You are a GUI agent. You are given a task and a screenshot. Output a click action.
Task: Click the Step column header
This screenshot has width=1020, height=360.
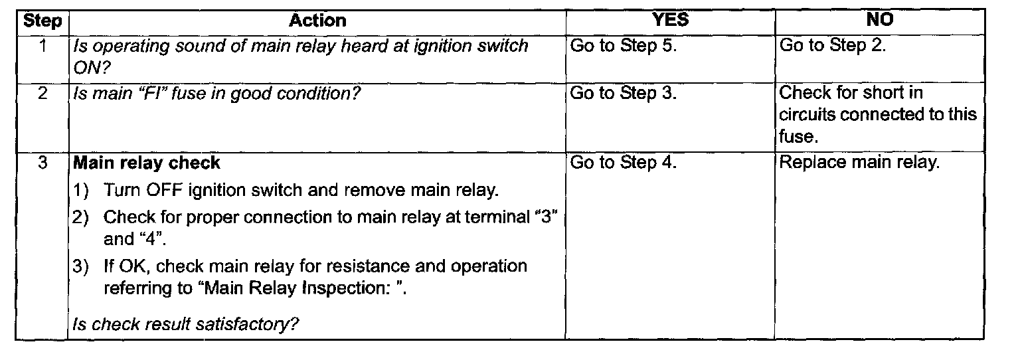coord(42,21)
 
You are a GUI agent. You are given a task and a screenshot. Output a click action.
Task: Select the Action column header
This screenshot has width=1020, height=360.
coord(317,21)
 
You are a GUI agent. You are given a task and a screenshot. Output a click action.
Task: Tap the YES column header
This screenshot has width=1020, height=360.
coord(670,21)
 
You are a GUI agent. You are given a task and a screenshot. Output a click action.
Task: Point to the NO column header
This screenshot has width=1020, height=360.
coord(880,21)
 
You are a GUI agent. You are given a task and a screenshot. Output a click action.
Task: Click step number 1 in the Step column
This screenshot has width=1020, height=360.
coord(41,46)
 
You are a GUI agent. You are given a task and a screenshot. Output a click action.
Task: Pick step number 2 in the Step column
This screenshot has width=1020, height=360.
coord(41,94)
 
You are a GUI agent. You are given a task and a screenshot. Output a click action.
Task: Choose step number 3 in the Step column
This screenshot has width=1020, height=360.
coord(41,163)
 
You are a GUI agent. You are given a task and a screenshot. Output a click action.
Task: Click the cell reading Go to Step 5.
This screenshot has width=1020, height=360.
coord(623,46)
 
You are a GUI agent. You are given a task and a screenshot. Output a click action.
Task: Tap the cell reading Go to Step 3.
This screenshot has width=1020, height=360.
coord(623,94)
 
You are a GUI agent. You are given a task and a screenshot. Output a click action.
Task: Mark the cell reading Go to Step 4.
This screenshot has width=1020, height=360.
coord(623,163)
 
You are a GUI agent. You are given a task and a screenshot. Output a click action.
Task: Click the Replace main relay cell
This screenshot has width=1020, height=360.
coord(859,163)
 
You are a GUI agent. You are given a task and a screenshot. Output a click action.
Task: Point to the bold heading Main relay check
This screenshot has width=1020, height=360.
coord(147,163)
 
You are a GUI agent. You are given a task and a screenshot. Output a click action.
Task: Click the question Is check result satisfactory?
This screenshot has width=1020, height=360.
coord(185,325)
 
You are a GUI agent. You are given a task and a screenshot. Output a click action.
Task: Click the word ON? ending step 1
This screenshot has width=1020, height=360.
coord(90,66)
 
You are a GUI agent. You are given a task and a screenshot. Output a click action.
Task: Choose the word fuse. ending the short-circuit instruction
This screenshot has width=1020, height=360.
coord(796,136)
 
